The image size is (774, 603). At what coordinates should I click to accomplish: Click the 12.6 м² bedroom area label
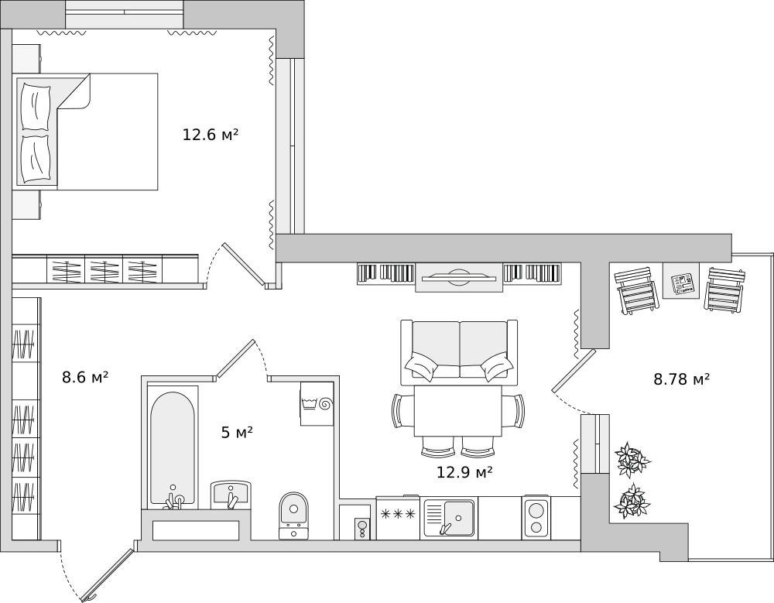click(211, 135)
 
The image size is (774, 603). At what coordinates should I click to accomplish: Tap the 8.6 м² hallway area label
click(85, 378)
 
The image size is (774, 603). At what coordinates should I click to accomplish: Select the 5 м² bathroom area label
click(237, 433)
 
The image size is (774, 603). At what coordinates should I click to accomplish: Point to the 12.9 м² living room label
click(464, 473)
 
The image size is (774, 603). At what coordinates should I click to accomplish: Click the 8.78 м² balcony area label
click(682, 379)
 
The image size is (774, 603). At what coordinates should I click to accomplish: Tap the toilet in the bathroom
click(293, 515)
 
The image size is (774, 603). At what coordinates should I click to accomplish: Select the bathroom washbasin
click(231, 495)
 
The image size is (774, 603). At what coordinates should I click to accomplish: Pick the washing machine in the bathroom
click(317, 403)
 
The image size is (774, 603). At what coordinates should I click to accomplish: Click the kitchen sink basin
click(458, 518)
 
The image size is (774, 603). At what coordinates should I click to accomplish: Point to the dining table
click(457, 411)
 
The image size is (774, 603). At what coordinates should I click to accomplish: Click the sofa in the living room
click(459, 352)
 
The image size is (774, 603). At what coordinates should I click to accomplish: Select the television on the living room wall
click(459, 278)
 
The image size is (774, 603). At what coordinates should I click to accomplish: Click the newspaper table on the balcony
click(681, 280)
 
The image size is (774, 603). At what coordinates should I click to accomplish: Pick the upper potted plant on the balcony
click(632, 460)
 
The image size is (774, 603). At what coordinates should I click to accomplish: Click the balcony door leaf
click(574, 371)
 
